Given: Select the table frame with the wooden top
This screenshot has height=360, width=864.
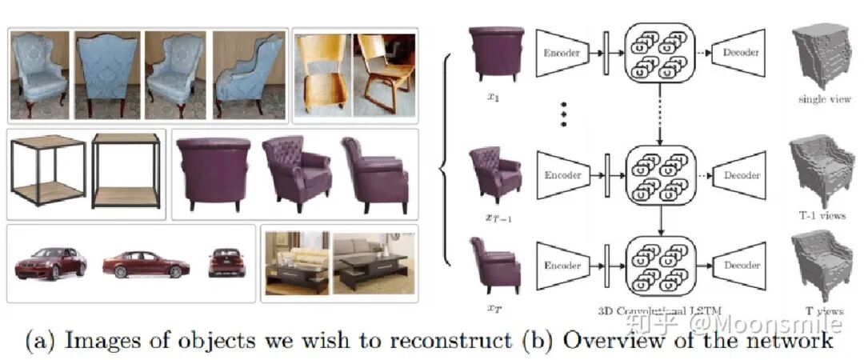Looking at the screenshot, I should (49, 170).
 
